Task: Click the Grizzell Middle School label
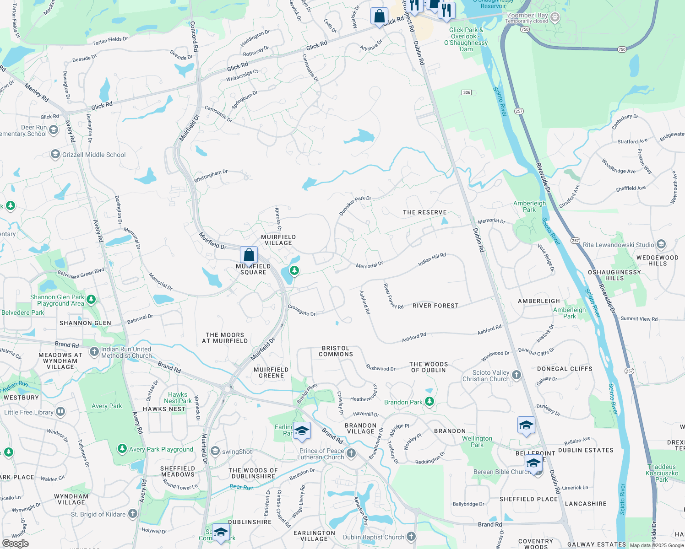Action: [94, 155]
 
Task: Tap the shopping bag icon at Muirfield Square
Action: [249, 255]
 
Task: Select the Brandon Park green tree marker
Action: [429, 402]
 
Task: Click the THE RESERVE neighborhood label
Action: [424, 212]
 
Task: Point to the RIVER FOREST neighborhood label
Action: [435, 306]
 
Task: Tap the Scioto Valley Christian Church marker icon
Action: [516, 375]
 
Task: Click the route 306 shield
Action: [467, 92]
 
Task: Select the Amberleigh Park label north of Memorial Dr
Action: [529, 206]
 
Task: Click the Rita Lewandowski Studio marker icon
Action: [661, 244]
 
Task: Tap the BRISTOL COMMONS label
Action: [336, 351]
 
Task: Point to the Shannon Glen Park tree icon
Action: [91, 300]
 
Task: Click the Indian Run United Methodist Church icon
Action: [94, 352]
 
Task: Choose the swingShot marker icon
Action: [215, 452]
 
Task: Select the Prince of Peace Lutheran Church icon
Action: [351, 453]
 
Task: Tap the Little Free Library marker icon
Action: [60, 412]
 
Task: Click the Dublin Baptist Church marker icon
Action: [411, 537]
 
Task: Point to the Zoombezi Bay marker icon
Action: [555, 17]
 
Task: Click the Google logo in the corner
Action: [15, 544]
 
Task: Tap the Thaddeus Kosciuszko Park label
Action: [662, 473]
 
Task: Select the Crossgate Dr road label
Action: [301, 311]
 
